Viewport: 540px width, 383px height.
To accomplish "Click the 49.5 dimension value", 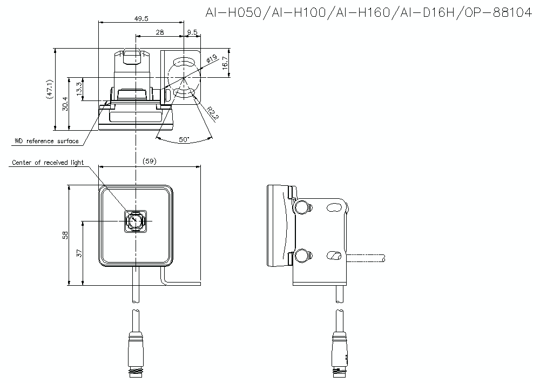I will [141, 18].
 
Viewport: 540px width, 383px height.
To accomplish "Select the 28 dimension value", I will [159, 32].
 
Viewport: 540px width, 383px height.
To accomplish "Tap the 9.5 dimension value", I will [192, 32].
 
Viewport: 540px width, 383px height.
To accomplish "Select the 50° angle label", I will [184, 139].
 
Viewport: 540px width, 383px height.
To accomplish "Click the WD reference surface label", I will [46, 142].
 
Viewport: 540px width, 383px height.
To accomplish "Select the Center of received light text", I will [48, 163].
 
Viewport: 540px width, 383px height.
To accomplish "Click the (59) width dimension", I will [150, 161].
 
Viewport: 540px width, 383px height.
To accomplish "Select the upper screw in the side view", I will [303, 206].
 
